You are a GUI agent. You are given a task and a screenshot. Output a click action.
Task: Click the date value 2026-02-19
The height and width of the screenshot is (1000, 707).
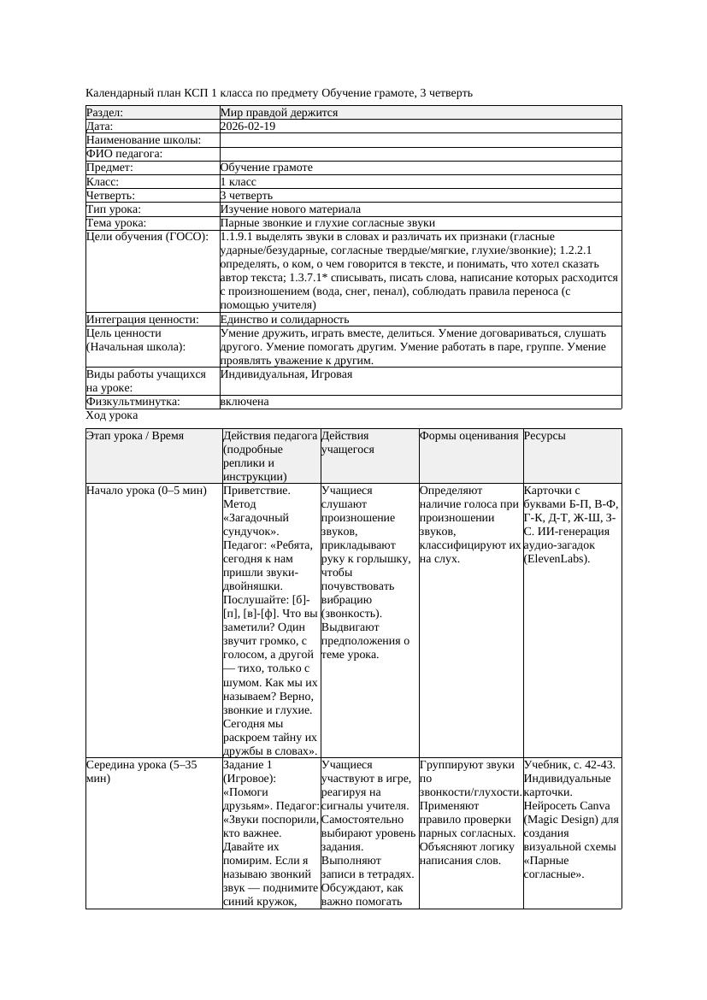click(x=248, y=126)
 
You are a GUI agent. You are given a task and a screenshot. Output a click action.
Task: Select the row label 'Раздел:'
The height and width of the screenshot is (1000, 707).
click(x=105, y=112)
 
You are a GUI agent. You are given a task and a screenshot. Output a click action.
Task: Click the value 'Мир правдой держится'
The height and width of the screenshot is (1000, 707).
click(x=279, y=112)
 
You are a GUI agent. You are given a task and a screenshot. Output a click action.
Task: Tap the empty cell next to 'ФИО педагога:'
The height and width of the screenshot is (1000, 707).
click(x=420, y=154)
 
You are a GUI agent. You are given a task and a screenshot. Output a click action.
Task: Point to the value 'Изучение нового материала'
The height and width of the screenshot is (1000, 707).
click(x=290, y=209)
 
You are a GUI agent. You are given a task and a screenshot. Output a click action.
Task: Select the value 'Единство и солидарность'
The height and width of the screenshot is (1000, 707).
click(x=285, y=319)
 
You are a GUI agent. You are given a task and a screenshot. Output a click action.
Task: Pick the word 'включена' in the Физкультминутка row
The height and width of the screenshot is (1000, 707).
click(x=245, y=401)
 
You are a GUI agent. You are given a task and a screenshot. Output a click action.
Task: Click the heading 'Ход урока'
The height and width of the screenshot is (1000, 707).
click(x=112, y=415)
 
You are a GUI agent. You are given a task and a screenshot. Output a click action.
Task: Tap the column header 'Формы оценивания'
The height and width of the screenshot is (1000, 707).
click(x=469, y=436)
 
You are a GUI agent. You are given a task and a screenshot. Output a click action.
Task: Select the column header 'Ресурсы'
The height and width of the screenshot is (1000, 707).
click(x=545, y=436)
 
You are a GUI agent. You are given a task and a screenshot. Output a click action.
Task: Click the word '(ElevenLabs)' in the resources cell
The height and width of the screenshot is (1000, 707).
click(x=557, y=559)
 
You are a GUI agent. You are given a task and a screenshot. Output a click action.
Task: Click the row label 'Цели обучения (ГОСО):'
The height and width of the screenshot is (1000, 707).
click(x=148, y=236)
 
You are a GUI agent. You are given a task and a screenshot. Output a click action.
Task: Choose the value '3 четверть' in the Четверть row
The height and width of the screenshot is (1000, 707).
click(x=246, y=195)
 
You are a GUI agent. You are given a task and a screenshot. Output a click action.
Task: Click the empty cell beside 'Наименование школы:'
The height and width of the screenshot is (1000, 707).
click(x=420, y=139)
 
